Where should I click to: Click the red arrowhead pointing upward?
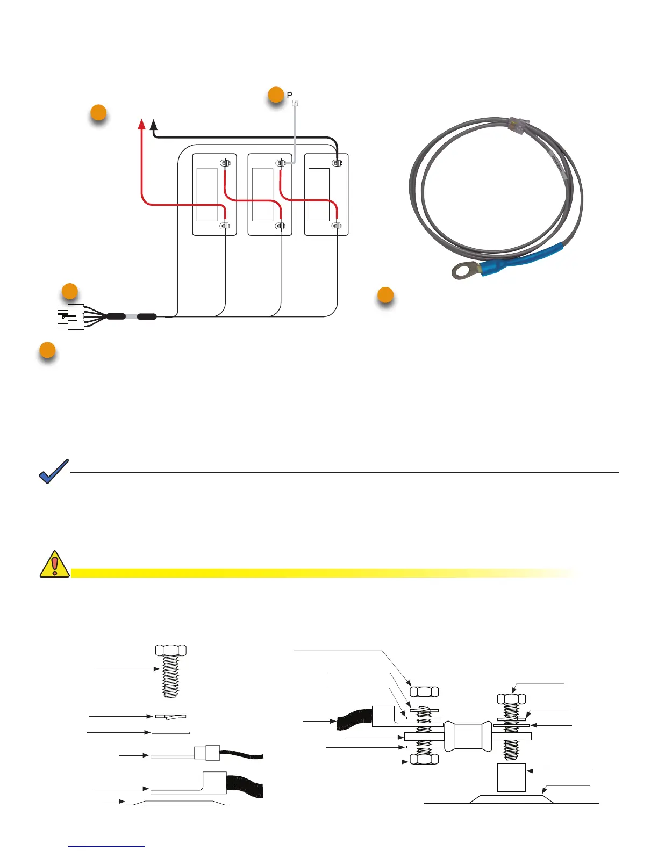pyautogui.click(x=141, y=125)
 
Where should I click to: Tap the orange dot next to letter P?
pyautogui.click(x=276, y=95)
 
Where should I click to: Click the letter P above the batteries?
pyautogui.click(x=290, y=96)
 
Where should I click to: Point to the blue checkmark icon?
pyautogui.click(x=54, y=471)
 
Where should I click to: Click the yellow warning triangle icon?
pyautogui.click(x=54, y=565)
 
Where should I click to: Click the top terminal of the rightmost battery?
pyautogui.click(x=337, y=163)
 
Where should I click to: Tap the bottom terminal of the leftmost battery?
pyautogui.click(x=225, y=226)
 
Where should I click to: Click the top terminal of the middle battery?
pyautogui.click(x=280, y=163)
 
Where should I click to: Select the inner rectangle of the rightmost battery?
pyautogui.click(x=319, y=194)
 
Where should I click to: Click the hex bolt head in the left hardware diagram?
pyautogui.click(x=171, y=650)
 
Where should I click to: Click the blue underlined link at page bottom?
pyautogui.click(x=106, y=846)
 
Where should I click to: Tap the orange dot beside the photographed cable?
pyautogui.click(x=385, y=295)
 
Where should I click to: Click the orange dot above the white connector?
pyautogui.click(x=69, y=292)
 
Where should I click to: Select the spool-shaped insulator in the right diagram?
pyautogui.click(x=468, y=736)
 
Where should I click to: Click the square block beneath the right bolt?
pyautogui.click(x=511, y=777)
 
